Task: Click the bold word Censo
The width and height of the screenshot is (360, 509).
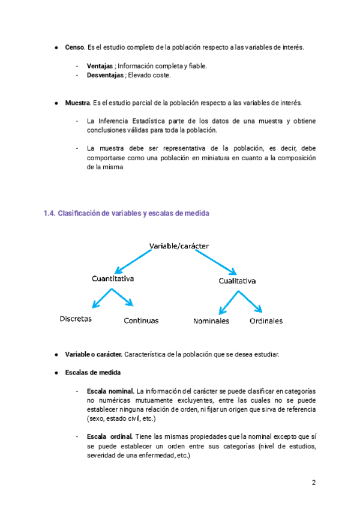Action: pyautogui.click(x=75, y=47)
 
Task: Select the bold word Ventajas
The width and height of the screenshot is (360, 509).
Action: pyautogui.click(x=101, y=66)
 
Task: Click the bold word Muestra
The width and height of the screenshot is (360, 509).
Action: pyautogui.click(x=77, y=103)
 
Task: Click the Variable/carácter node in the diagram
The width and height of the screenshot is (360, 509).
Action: pyautogui.click(x=179, y=245)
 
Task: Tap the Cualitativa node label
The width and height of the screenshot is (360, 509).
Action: pyautogui.click(x=237, y=281)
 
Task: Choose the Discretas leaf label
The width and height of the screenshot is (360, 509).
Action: pyautogui.click(x=76, y=319)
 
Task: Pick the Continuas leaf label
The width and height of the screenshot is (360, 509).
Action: pyautogui.click(x=141, y=321)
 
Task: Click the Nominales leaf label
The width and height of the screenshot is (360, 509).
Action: pyautogui.click(x=211, y=321)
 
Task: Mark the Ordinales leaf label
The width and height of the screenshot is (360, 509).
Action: pyautogui.click(x=266, y=321)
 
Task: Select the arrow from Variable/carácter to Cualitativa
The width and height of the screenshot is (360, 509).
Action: pyautogui.click(x=216, y=262)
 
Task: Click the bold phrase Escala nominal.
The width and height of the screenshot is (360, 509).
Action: pyautogui.click(x=110, y=391)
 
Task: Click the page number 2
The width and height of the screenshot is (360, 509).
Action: pyautogui.click(x=313, y=483)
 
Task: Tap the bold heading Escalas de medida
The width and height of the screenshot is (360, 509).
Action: pyautogui.click(x=92, y=372)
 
